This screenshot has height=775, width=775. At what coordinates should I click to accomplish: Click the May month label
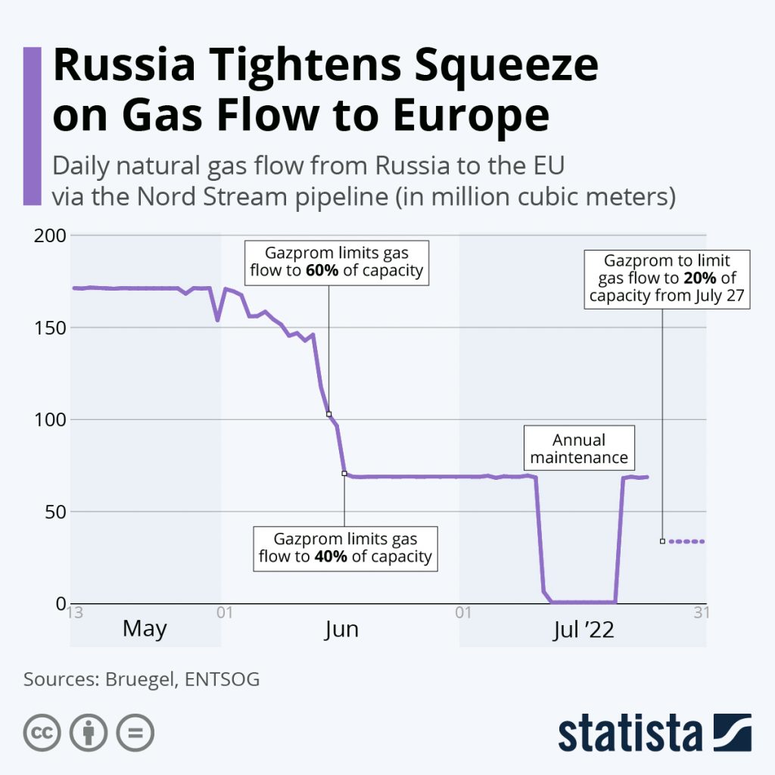[145, 629]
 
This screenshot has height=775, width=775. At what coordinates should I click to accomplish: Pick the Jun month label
[341, 629]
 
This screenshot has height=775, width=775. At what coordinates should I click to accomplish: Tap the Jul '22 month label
[584, 629]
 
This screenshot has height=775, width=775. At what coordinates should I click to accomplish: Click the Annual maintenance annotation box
[579, 449]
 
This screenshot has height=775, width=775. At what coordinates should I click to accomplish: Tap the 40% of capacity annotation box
[345, 548]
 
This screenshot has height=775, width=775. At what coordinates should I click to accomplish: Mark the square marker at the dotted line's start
[662, 541]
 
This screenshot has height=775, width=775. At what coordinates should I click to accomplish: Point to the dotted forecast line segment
[686, 541]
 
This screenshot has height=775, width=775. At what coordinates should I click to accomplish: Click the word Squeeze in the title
[491, 66]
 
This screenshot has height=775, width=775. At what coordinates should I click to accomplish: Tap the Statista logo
[655, 732]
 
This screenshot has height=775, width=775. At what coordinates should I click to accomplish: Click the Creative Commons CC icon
[42, 732]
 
